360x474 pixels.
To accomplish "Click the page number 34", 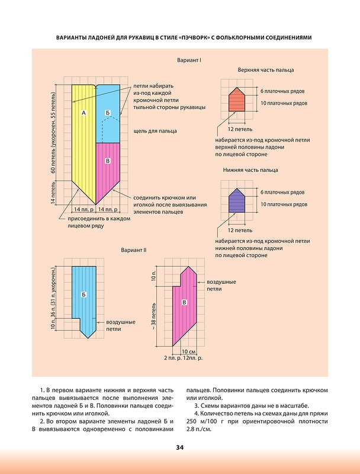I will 179,447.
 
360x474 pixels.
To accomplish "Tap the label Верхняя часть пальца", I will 258,69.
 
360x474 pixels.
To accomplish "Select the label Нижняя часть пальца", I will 250,169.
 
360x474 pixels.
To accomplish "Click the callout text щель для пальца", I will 155,131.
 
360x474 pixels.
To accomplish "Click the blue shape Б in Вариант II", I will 84,296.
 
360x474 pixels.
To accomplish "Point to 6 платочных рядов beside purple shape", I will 282,193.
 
